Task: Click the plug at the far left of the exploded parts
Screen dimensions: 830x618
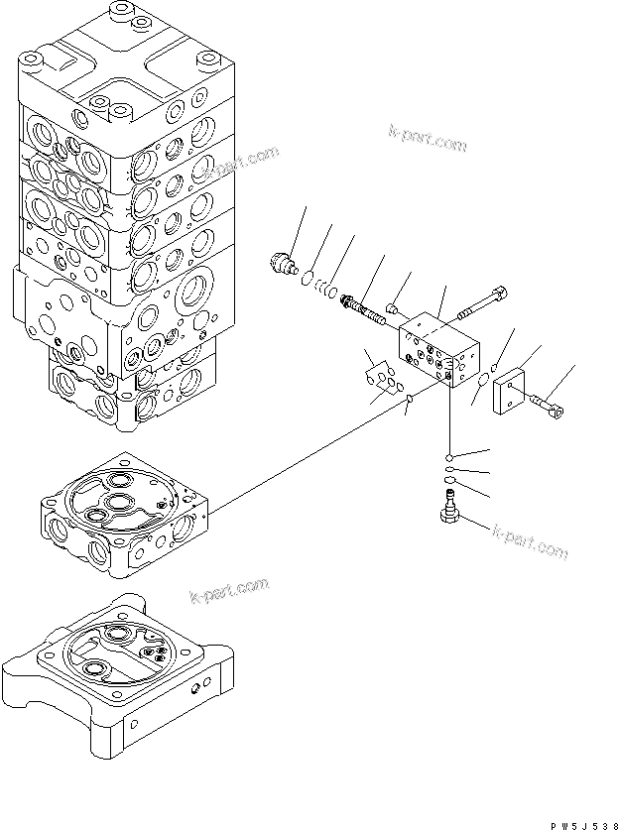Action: pos(285,263)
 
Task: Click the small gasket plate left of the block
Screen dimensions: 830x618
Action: pos(380,374)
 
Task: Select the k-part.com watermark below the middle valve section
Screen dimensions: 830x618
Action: pos(228,591)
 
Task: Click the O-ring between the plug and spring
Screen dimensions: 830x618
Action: pos(309,277)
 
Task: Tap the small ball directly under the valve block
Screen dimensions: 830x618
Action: pos(450,456)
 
